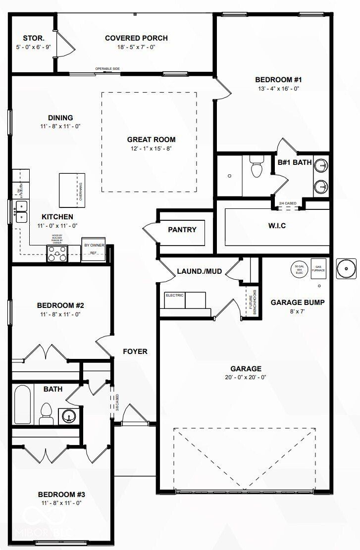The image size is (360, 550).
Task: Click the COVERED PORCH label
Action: tap(136, 38)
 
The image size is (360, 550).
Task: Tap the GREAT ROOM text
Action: tap(151, 140)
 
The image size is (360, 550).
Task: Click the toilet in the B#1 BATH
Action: tap(257, 168)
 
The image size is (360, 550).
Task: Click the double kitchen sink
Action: tap(21, 211)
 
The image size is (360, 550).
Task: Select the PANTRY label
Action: tap(182, 230)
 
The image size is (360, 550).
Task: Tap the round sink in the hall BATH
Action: tap(66, 415)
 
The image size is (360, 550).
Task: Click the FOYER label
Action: tap(135, 351)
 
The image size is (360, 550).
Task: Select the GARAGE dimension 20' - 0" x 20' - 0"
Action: tap(246, 377)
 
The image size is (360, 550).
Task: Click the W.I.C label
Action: tap(277, 226)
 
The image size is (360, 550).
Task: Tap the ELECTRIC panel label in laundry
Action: tap(174, 296)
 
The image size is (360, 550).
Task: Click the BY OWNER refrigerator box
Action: tap(93, 249)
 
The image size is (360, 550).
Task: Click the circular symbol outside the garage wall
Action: tap(347, 269)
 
